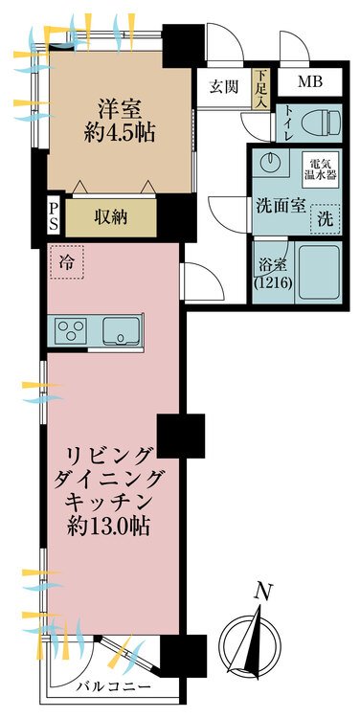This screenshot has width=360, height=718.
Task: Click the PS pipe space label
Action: coord(55,216)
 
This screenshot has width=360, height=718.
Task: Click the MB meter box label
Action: coord(309,81)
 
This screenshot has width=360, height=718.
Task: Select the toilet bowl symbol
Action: coord(321,123)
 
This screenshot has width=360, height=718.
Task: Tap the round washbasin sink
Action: coord(268,164)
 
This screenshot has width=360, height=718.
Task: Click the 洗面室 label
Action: coord(280,205)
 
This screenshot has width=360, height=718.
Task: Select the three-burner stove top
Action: coord(70,330)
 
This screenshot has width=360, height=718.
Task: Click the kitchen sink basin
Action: coord(124,329)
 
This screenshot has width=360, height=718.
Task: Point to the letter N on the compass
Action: coord(259,595)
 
